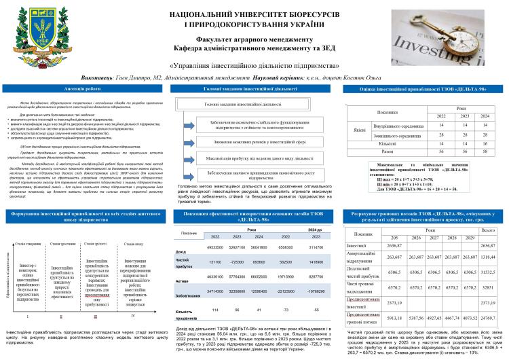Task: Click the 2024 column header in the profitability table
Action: tap(484, 116)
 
